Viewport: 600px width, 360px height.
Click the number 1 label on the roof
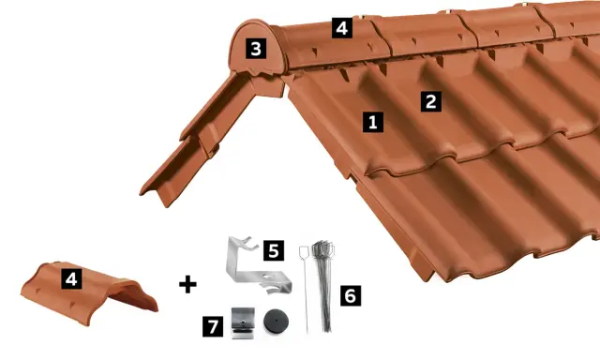pyautogui.click(x=373, y=122)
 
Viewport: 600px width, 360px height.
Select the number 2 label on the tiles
pyautogui.click(x=431, y=101)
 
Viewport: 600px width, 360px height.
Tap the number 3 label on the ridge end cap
pyautogui.click(x=256, y=48)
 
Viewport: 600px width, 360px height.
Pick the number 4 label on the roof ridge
pyautogui.click(x=341, y=27)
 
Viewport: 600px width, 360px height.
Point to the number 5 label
pyautogui.click(x=274, y=250)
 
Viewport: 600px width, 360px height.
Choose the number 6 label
pyautogui.click(x=351, y=295)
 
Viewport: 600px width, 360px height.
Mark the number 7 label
pyautogui.click(x=213, y=326)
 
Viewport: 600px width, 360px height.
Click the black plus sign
pyautogui.click(x=187, y=284)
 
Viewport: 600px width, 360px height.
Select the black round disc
pyautogui.click(x=276, y=321)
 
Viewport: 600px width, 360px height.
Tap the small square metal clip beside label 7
pyautogui.click(x=243, y=323)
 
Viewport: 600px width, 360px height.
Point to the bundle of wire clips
pyautogui.click(x=323, y=285)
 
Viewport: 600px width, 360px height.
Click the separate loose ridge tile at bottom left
pyautogui.click(x=89, y=292)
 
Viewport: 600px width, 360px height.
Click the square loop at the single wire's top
pyautogui.click(x=304, y=252)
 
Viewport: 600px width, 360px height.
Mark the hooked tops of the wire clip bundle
pyautogui.click(x=323, y=247)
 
